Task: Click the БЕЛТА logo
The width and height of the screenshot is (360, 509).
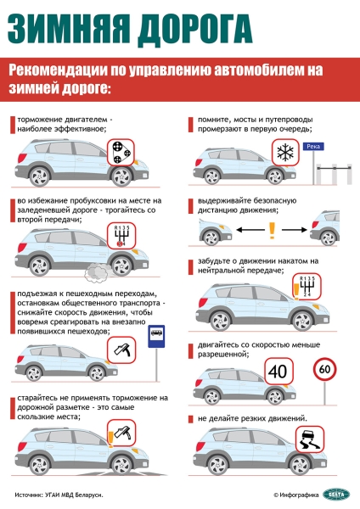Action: (336, 494)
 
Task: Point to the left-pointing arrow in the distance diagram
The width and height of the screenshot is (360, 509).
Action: (239, 230)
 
